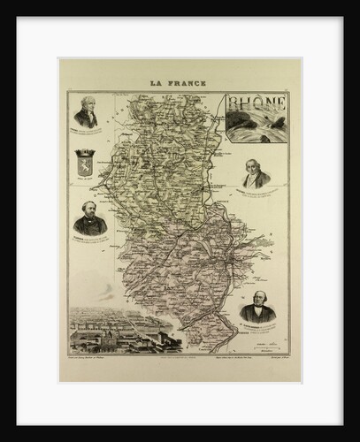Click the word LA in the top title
(157, 83)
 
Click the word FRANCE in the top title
(188, 83)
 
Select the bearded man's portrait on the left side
(89, 218)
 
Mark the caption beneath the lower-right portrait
(257, 326)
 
